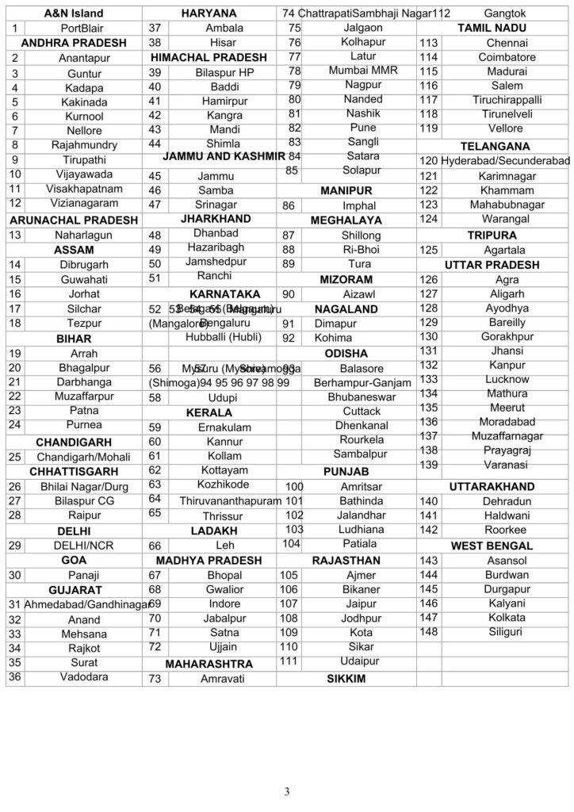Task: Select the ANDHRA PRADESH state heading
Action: pos(74,42)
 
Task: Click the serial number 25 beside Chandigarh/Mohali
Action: pos(14,457)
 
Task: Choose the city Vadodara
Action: pos(83,676)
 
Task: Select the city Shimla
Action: pos(214,144)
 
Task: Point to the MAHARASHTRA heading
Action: pos(209,664)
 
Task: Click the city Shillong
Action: pos(361,236)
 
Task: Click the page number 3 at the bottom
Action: pos(287,791)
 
